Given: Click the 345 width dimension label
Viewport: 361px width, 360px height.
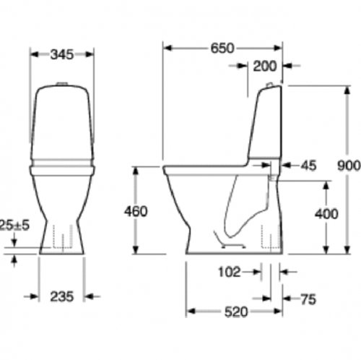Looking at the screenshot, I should click(x=62, y=53).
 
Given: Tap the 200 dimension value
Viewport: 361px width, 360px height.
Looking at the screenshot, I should click(x=265, y=67).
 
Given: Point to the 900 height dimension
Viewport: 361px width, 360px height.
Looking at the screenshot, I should click(x=349, y=165).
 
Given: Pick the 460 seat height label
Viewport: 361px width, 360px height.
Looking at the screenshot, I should click(x=135, y=211).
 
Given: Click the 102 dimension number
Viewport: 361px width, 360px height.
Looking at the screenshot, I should click(x=229, y=273).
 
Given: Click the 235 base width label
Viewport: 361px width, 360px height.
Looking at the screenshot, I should click(x=61, y=296).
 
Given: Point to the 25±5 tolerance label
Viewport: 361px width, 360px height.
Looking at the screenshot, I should click(x=13, y=224).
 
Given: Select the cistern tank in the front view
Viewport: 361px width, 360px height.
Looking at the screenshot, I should click(x=62, y=123).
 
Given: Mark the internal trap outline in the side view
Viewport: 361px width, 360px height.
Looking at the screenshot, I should click(x=242, y=210).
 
